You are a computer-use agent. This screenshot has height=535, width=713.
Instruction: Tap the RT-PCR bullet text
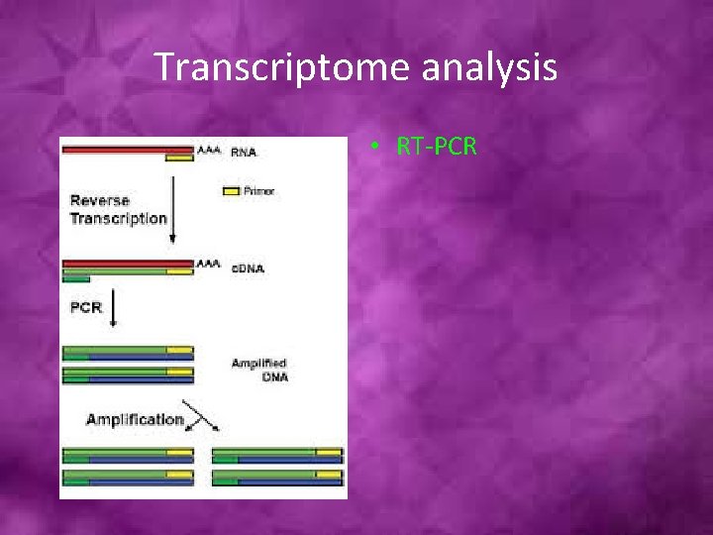(x=437, y=147)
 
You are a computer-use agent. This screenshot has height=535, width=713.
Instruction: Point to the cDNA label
(x=247, y=268)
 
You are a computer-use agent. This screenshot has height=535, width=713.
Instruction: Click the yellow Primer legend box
(x=230, y=190)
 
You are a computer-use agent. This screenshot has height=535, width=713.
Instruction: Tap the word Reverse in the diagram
(x=99, y=201)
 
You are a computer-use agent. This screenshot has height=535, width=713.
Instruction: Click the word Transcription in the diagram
(x=118, y=218)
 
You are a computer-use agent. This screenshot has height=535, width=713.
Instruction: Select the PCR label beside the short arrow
(x=86, y=307)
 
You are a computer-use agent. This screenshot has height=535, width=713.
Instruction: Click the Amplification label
(x=135, y=419)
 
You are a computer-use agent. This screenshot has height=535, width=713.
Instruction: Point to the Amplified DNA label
(x=258, y=371)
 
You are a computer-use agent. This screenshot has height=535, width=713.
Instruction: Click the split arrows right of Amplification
(x=202, y=420)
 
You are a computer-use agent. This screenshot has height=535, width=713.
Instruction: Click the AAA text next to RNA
(x=209, y=151)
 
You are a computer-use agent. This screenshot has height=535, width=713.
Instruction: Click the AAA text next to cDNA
(x=209, y=265)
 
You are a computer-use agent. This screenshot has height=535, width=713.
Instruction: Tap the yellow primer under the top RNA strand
(x=179, y=158)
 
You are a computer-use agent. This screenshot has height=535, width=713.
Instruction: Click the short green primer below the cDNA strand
(x=76, y=279)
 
